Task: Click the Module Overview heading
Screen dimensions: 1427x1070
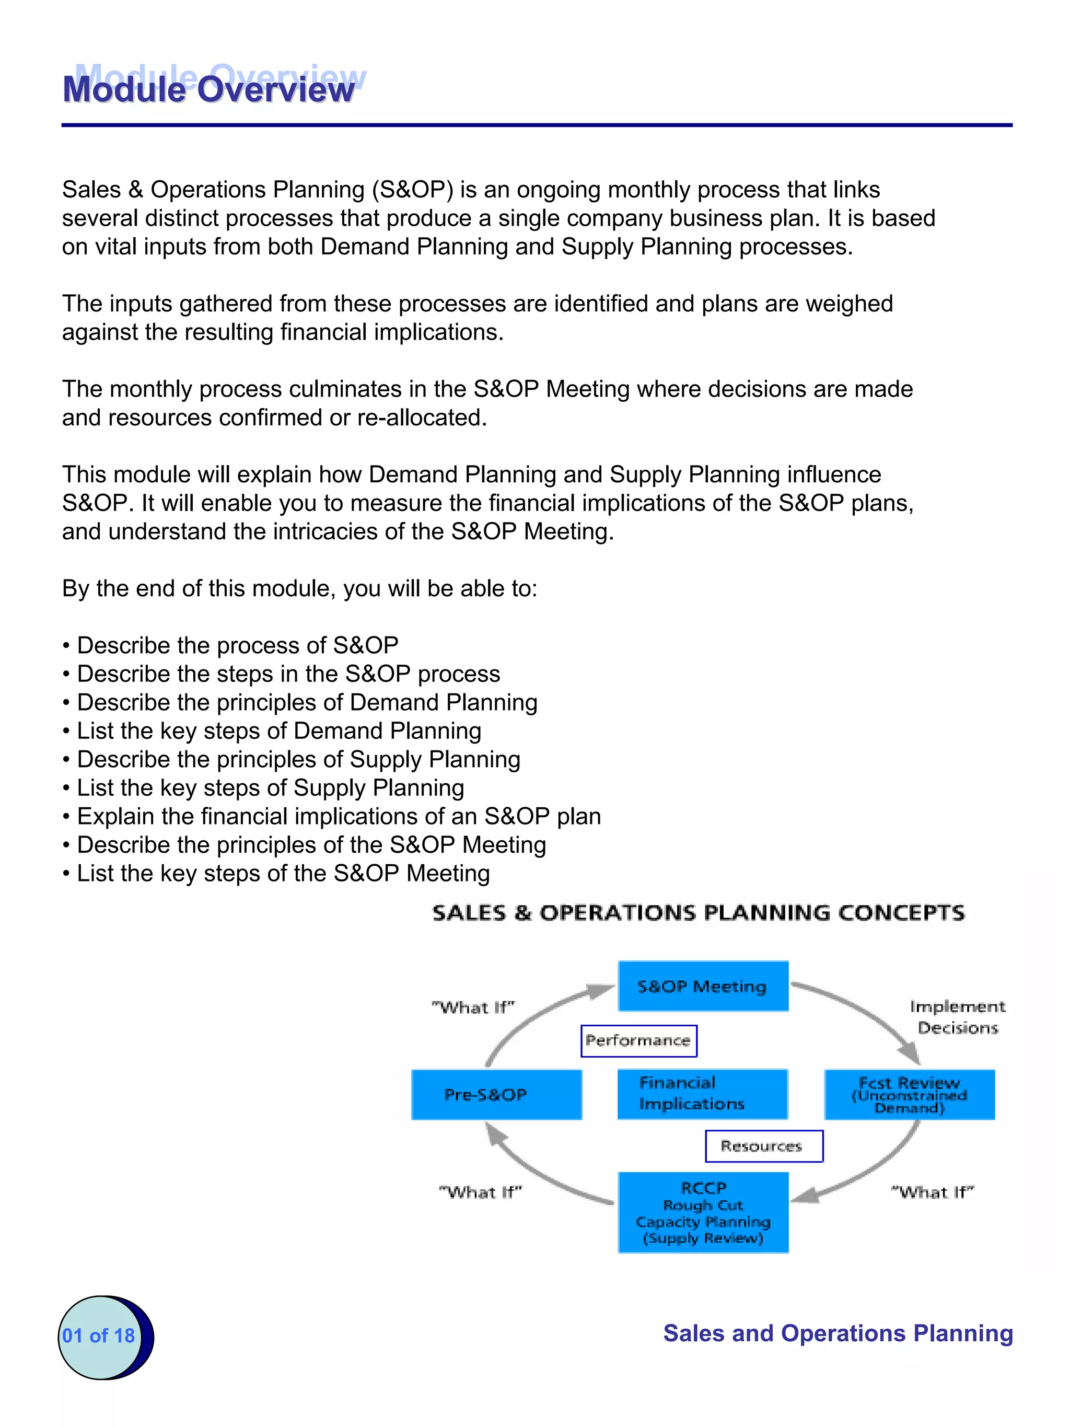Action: point(209,88)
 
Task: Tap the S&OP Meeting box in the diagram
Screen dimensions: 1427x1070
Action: point(702,986)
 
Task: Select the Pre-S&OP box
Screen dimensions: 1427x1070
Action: point(496,1094)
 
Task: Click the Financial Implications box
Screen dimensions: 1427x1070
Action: point(702,1094)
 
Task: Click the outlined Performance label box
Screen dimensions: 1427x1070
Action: point(638,1040)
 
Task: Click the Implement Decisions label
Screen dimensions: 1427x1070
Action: point(957,1017)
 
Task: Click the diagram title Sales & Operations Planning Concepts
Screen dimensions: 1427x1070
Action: point(699,913)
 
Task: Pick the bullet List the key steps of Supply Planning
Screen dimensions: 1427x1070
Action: point(270,787)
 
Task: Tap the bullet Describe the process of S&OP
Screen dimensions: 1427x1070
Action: point(237,645)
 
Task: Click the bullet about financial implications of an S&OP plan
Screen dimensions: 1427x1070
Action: point(339,816)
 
